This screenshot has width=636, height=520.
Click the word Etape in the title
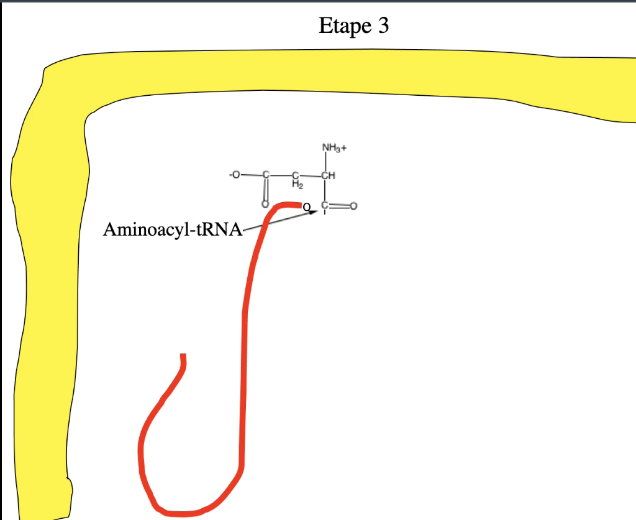pos(340,26)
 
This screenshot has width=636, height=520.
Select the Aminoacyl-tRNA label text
pos(172,230)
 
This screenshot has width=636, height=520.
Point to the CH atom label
pos(329,175)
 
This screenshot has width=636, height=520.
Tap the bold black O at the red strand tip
pos(306,206)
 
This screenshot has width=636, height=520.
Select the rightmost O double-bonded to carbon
pos(354,206)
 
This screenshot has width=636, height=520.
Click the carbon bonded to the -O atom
pos(265,175)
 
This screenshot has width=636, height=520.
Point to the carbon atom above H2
pos(296,175)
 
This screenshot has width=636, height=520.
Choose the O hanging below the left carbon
pos(265,205)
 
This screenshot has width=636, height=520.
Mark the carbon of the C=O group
pos(325,206)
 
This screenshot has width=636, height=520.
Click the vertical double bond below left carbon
pos(265,190)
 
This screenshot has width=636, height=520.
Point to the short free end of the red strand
pos(183,358)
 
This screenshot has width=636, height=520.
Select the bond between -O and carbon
pos(250,175)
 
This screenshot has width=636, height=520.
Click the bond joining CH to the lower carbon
pos(325,190)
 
